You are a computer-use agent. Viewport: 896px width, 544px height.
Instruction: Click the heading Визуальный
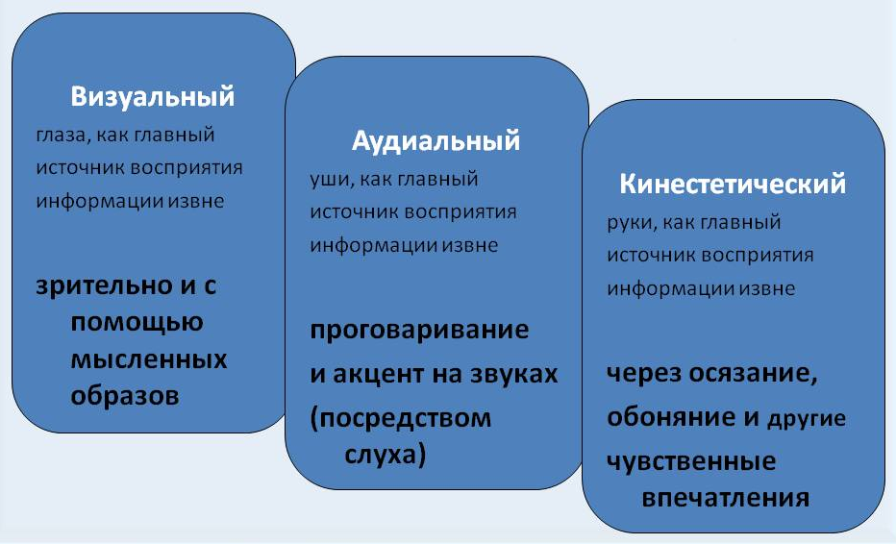[x=153, y=97]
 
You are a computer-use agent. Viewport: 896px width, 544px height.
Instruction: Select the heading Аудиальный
[x=436, y=141]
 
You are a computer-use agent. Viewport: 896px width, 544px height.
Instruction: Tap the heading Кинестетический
[x=733, y=185]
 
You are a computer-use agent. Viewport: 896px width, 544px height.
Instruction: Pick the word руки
[x=630, y=222]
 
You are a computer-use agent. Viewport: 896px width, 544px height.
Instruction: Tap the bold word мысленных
[x=149, y=359]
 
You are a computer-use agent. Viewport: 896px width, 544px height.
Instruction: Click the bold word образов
[x=125, y=395]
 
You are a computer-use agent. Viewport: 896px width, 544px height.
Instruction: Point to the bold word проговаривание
[x=419, y=332]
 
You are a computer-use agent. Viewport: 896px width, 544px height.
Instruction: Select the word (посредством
[x=400, y=418]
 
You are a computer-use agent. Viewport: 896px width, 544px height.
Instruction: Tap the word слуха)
[x=385, y=454]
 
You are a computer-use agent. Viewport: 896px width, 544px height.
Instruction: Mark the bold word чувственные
[x=691, y=461]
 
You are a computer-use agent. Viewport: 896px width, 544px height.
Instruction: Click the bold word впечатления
[x=724, y=498]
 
